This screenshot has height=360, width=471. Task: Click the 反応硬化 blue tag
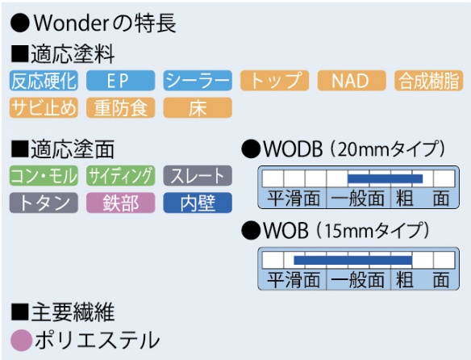point(44,81)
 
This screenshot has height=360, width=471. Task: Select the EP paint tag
point(121,81)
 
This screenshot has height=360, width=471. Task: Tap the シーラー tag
point(198,81)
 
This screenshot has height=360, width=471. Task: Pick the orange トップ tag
point(274,81)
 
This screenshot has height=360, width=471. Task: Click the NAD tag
point(352,81)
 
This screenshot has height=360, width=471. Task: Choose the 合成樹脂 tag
point(428,81)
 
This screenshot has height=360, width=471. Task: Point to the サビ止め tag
point(44,107)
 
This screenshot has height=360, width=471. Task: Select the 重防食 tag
point(121,107)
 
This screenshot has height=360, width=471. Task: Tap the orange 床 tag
point(198,107)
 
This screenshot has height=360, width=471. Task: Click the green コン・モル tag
point(44,176)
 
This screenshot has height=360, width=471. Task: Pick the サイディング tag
point(121,176)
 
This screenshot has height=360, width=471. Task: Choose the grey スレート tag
point(198,176)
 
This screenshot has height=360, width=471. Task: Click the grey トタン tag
point(44,203)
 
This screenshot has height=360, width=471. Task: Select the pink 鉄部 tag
point(121,203)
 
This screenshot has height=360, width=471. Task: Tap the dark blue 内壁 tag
point(198,203)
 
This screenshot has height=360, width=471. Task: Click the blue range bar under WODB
point(385,178)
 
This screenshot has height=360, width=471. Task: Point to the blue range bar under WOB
point(353,260)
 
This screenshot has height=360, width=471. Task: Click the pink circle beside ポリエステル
point(21,341)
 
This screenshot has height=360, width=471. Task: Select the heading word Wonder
point(69,23)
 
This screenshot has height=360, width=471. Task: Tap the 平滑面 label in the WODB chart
point(294,199)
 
